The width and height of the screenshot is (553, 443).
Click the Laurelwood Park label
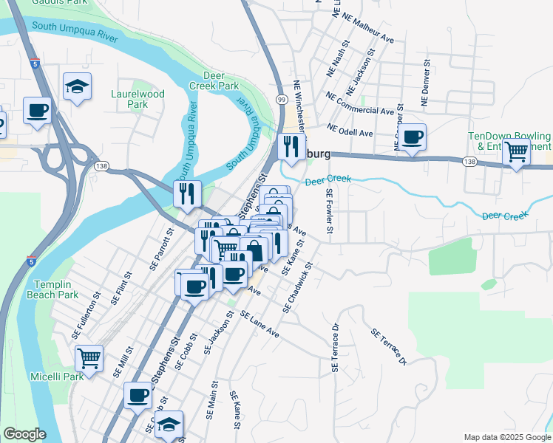[138, 99]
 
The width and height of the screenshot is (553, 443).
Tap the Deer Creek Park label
[221, 80]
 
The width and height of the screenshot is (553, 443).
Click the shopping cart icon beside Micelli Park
[89, 359]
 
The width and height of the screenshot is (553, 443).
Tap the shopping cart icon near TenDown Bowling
[515, 152]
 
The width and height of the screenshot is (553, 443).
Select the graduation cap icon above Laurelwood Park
[77, 86]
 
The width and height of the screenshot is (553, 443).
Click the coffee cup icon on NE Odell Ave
[412, 137]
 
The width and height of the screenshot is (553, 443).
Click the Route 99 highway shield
[282, 99]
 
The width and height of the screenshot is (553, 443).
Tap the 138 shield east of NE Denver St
[469, 161]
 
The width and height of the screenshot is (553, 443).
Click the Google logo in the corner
[24, 434]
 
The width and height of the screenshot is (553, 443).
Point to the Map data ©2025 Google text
[506, 437]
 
